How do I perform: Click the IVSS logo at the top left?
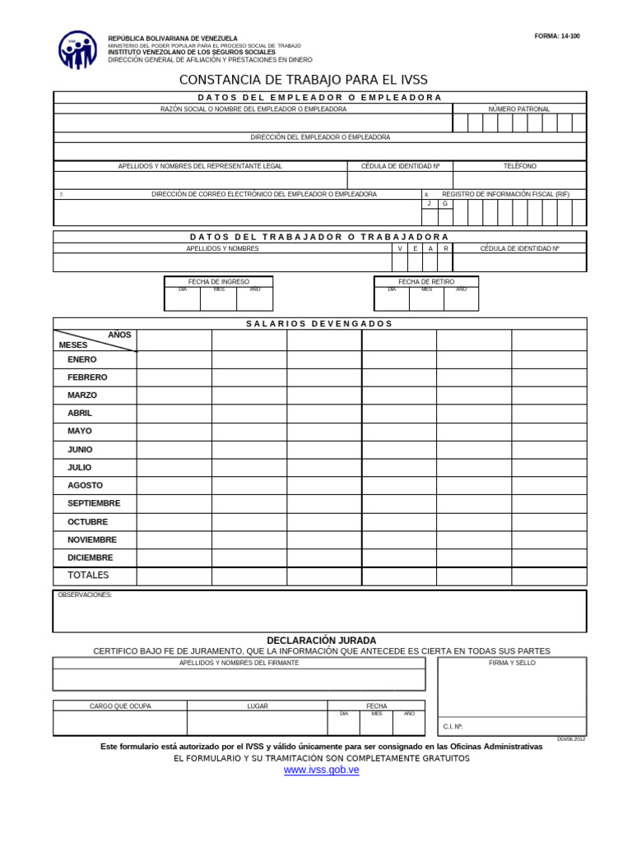(77, 49)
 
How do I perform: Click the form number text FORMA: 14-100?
(557, 36)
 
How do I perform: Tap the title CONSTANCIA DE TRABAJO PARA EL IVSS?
(304, 80)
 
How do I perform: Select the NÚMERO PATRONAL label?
(518, 109)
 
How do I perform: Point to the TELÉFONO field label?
(519, 166)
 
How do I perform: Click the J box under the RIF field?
(429, 203)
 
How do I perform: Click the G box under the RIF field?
(445, 203)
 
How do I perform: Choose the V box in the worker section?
(400, 248)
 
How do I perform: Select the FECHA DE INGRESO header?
(218, 281)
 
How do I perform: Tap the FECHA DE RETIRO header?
(425, 281)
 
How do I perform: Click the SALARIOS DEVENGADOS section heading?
(319, 323)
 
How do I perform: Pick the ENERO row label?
(81, 359)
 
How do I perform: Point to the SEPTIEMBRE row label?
(94, 503)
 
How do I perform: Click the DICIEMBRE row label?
(90, 557)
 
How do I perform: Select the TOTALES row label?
(88, 576)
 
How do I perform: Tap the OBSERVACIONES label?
(85, 594)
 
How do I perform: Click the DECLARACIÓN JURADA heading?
(321, 641)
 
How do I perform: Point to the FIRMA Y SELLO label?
(512, 662)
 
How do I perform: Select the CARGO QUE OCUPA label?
(120, 706)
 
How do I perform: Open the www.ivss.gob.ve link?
(321, 770)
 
